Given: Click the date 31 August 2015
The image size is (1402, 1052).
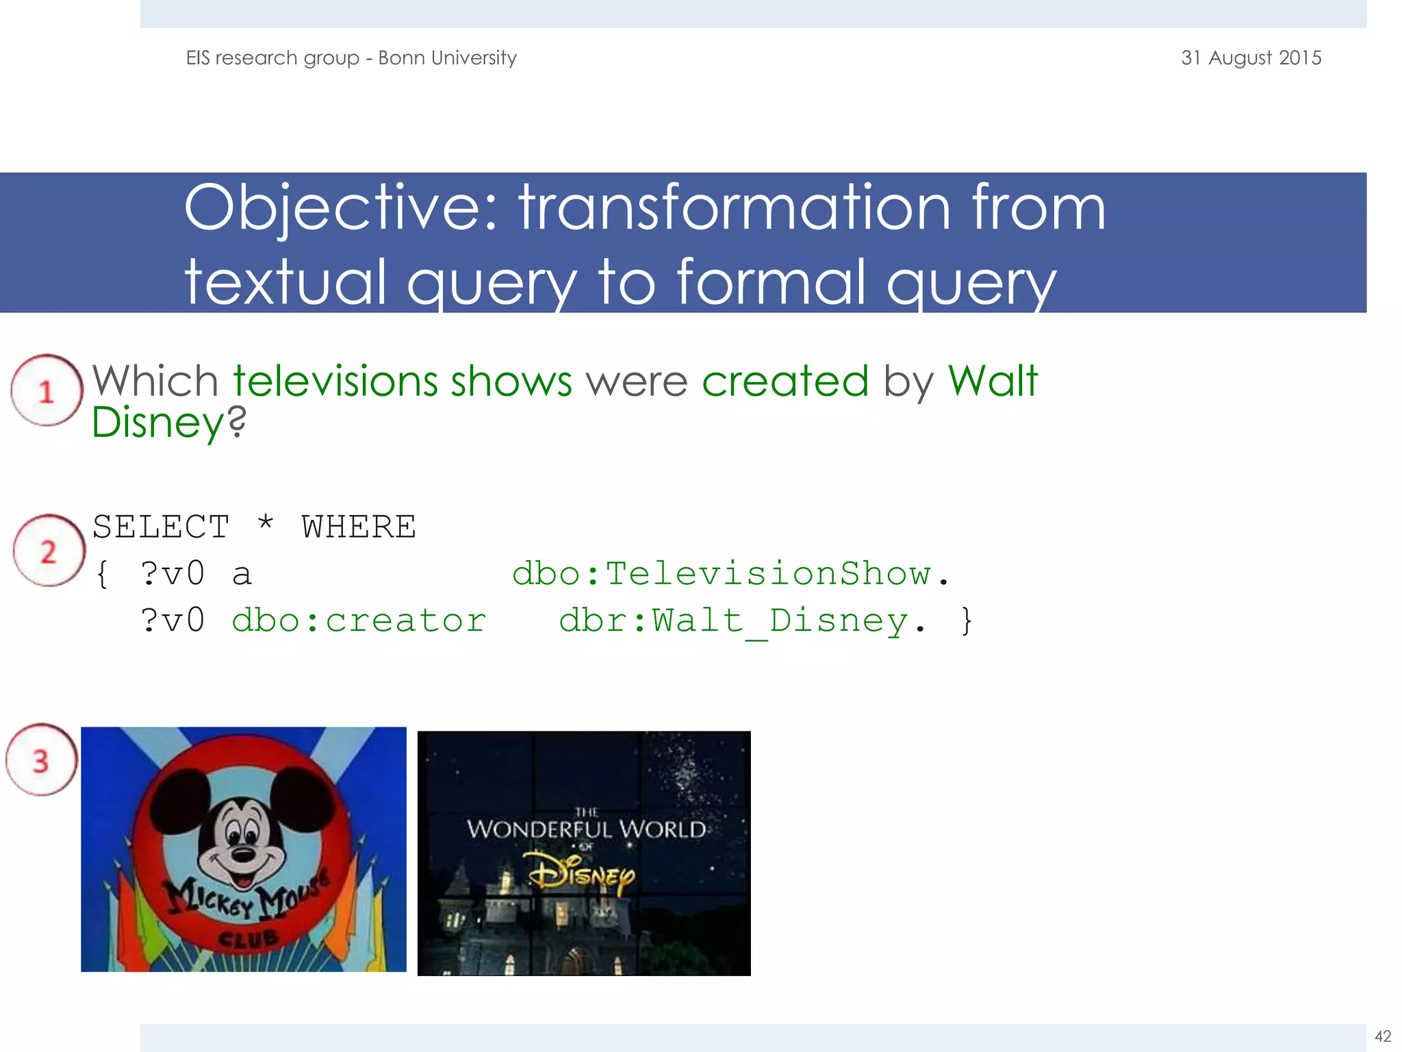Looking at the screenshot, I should click(x=1251, y=58).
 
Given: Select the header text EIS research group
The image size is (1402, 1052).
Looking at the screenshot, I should click(x=272, y=58).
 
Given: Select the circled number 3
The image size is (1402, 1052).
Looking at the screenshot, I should click(x=41, y=761).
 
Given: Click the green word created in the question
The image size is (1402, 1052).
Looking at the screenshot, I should click(x=785, y=381).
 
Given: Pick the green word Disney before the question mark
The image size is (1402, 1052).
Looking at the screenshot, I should click(x=158, y=423).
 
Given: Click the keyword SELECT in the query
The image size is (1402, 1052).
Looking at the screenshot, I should click(x=161, y=527).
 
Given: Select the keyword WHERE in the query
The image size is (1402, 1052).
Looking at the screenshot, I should click(x=359, y=527).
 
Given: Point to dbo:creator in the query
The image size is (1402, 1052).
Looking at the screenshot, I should click(x=359, y=621).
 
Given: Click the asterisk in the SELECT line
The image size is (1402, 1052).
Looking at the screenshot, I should click(x=266, y=525).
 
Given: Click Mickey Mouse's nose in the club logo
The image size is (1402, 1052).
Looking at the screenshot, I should click(x=243, y=854).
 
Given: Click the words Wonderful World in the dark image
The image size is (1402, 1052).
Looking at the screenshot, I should click(x=586, y=829).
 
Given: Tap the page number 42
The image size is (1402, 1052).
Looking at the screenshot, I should click(x=1383, y=1036).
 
